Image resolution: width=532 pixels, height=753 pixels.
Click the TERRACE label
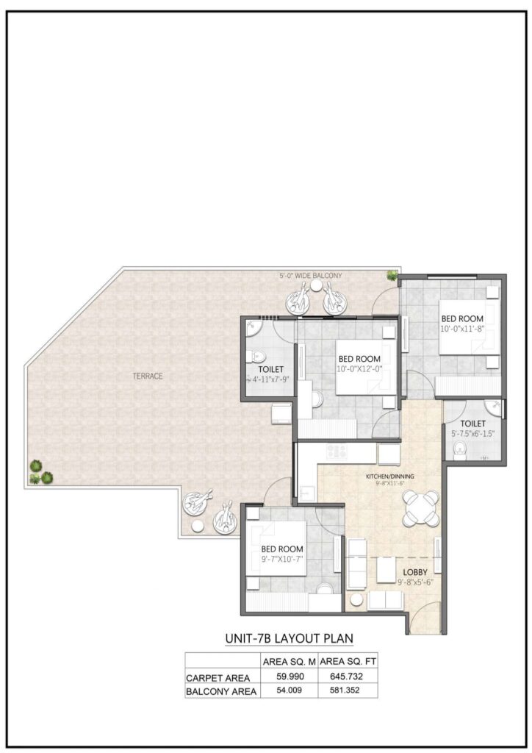pos(148,376)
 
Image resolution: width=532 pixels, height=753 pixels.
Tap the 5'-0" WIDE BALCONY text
pos(310,276)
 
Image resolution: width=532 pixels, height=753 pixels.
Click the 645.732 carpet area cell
pos(348,677)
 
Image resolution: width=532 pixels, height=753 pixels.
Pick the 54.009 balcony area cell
pos(290,690)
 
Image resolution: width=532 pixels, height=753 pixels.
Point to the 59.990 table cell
pos(290,677)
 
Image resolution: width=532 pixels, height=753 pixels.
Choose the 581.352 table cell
pos(348,690)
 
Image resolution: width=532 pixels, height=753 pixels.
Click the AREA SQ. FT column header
pos(348,660)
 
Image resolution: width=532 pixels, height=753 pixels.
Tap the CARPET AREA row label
pos(218,677)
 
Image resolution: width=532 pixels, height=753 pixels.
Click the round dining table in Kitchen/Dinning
pos(420,508)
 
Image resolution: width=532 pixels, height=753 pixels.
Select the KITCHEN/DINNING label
pos(390,477)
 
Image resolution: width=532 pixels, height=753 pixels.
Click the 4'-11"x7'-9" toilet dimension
pos(271,379)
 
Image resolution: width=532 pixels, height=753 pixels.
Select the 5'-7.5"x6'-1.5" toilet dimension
pos(474,434)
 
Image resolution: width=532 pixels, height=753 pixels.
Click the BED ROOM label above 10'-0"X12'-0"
pos(359,359)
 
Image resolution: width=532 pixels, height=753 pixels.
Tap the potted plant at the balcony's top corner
pos(393,276)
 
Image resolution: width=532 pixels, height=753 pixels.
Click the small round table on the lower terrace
pos(198,527)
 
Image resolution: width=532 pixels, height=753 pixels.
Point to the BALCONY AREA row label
pos(221,691)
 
